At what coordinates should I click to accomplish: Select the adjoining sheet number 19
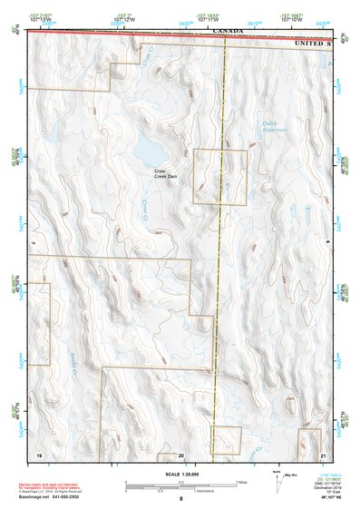[x=39, y=453]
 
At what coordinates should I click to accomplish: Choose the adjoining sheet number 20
[x=181, y=453]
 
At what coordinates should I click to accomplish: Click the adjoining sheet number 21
[x=324, y=453]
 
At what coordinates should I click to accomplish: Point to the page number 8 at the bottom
[x=180, y=499]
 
